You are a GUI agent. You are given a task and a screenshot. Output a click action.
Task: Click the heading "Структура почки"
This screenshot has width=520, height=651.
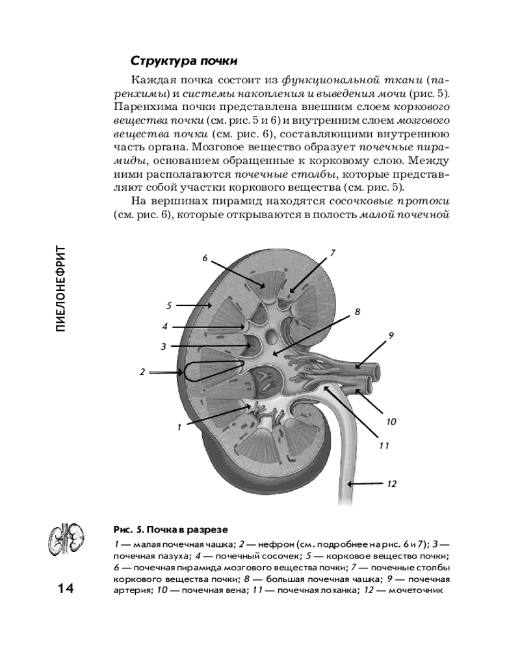(184, 61)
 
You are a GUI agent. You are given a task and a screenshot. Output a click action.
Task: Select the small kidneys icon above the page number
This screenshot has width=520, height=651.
(65, 538)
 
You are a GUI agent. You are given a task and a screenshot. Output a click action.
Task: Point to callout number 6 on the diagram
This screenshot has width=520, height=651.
(204, 258)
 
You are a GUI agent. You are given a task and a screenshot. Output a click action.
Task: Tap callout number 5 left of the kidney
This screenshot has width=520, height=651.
(168, 305)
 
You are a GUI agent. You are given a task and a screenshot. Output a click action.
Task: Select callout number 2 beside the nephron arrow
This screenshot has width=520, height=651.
(142, 372)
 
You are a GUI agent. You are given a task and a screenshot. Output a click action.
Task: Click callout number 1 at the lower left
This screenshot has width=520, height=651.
(178, 428)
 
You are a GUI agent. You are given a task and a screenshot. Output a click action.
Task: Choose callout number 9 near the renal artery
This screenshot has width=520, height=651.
(391, 335)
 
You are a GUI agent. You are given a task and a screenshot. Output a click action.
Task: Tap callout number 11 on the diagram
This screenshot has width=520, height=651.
(383, 446)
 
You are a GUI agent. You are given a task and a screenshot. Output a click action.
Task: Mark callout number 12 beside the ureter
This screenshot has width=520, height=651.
(391, 484)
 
